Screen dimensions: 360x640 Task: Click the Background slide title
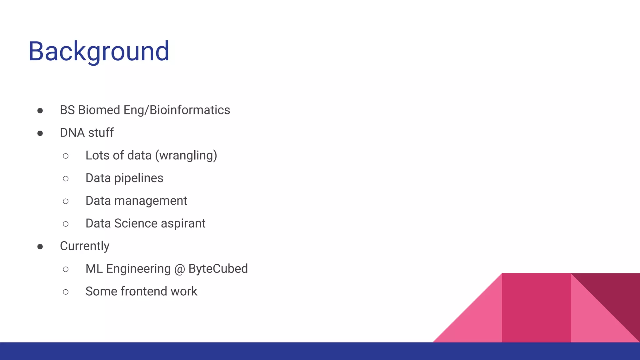(99, 51)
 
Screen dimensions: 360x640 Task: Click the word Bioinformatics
(190, 110)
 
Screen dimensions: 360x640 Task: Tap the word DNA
(72, 133)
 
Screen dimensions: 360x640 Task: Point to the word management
(151, 201)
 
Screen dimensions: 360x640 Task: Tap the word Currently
(84, 246)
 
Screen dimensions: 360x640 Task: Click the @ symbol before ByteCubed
(180, 269)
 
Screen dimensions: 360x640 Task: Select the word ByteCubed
(218, 269)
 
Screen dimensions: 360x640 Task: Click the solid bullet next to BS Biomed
(40, 111)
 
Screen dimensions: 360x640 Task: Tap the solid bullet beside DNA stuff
(40, 133)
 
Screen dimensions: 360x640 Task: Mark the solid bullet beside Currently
(40, 247)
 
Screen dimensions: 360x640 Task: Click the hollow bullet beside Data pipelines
(66, 179)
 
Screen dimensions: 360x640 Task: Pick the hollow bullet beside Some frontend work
(66, 292)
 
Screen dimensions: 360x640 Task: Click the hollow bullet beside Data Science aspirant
(66, 224)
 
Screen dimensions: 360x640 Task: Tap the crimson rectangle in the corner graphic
(536, 308)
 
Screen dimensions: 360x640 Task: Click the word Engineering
(138, 269)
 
